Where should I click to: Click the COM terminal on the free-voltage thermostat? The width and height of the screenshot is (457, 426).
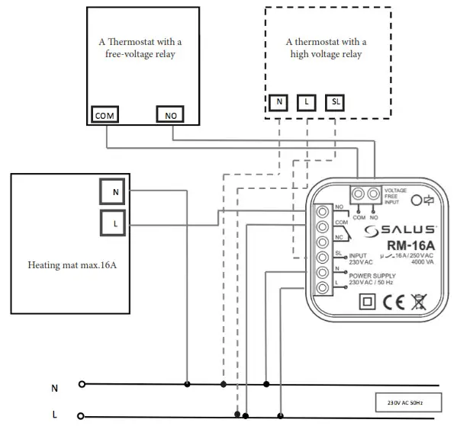click(x=105, y=114)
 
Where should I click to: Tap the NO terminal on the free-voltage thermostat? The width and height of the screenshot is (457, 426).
click(x=170, y=114)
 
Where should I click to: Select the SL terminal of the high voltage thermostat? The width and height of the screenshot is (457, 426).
click(x=335, y=102)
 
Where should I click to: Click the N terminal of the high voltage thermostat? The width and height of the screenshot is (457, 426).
click(x=278, y=102)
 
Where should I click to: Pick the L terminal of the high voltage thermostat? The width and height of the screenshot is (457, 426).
click(x=306, y=102)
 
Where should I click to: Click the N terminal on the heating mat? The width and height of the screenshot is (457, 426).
click(x=112, y=191)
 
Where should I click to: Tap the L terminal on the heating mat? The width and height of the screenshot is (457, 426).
click(x=113, y=223)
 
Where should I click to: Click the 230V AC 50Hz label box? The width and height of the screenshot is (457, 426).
click(x=408, y=402)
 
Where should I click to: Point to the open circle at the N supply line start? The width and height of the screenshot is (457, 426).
click(x=82, y=384)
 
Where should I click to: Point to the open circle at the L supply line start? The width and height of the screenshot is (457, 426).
click(x=81, y=416)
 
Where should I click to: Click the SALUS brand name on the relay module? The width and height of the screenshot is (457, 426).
click(x=400, y=230)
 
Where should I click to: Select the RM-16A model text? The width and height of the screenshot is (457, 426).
click(x=411, y=245)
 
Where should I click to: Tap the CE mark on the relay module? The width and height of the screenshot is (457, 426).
click(x=394, y=302)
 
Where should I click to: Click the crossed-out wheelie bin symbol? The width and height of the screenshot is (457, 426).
click(x=419, y=302)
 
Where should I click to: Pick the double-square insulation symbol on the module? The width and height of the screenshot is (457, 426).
click(x=367, y=301)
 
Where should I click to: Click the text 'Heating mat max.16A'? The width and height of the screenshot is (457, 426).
click(x=72, y=265)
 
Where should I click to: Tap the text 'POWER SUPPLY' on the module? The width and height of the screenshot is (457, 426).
click(x=372, y=275)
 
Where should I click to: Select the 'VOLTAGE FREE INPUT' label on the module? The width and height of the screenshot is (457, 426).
click(x=395, y=196)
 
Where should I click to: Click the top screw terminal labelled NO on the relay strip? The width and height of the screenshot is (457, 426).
click(x=323, y=212)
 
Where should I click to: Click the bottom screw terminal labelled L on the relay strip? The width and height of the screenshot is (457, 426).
click(x=323, y=288)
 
